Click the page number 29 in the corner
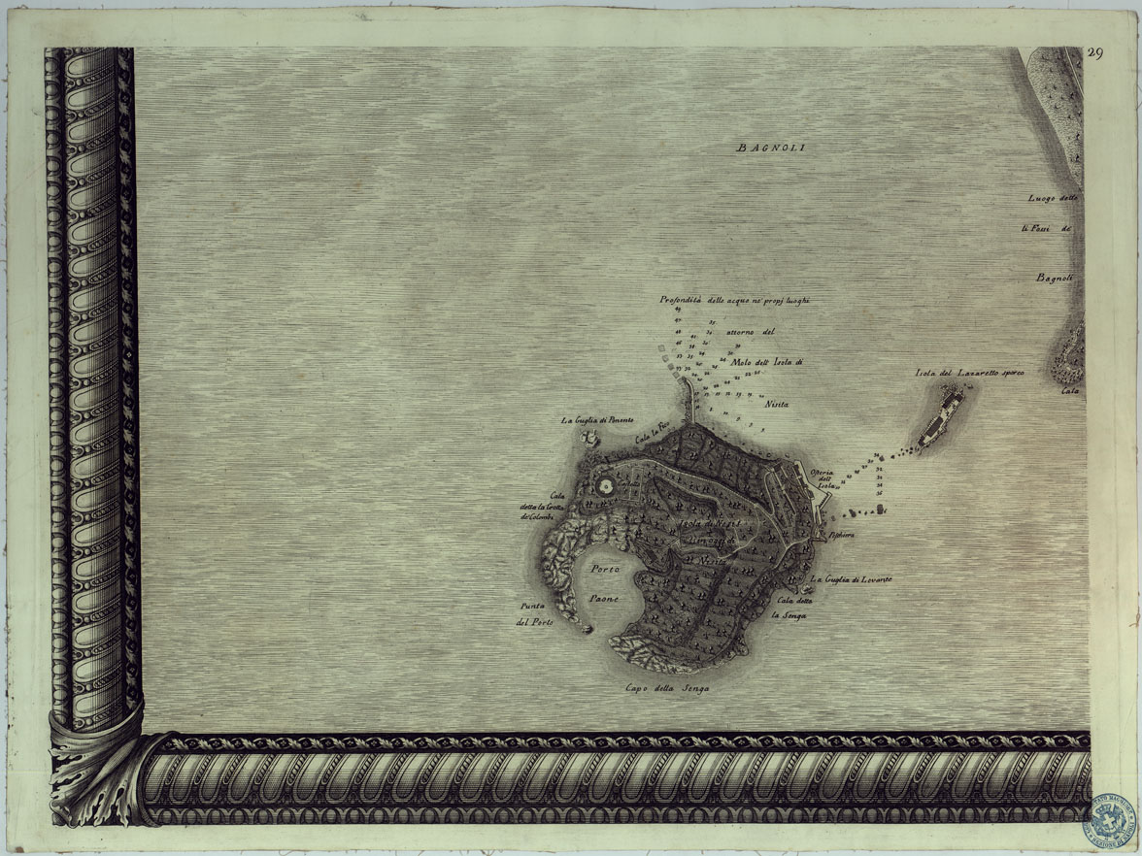point(1094,53)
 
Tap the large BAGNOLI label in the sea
point(772,148)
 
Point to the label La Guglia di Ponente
point(597,420)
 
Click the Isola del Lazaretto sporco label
point(969,372)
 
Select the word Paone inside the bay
point(604,599)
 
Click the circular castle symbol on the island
point(606,484)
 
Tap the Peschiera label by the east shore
point(841,535)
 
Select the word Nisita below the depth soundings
point(777,403)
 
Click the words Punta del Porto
point(534,615)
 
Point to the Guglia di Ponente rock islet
point(588,439)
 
